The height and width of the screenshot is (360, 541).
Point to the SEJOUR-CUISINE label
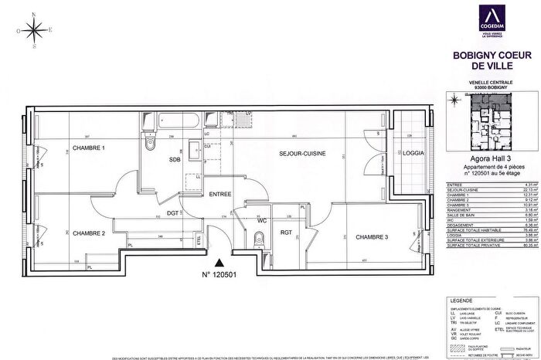302,155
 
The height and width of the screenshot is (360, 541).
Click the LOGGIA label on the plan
413,154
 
